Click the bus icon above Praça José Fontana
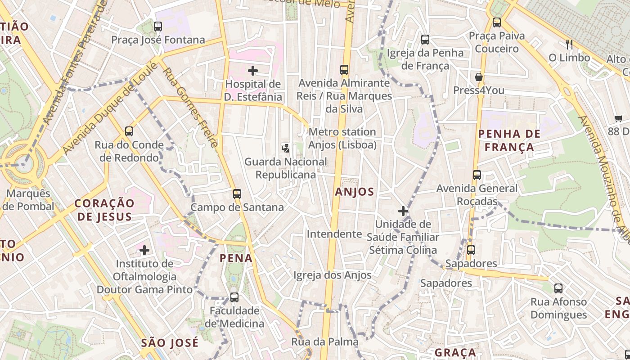[x=157, y=27]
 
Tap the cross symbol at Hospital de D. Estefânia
[x=253, y=70]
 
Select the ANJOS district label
[x=355, y=192]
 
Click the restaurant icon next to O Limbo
[x=569, y=44]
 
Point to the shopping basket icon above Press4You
[x=479, y=77]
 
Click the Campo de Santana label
[x=237, y=207]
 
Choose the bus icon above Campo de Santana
[x=237, y=194]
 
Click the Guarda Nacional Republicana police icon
[x=285, y=148]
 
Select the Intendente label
[x=334, y=234]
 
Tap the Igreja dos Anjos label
[x=333, y=275]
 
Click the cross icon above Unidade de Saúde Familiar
[x=403, y=211]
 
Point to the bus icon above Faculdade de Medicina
[x=234, y=297]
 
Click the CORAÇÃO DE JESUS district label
[x=104, y=210]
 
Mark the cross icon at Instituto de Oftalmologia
[x=144, y=250]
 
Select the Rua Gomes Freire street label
[x=191, y=108]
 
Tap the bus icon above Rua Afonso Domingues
[x=558, y=288]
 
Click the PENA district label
[x=236, y=258]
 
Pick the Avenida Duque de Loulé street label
[x=110, y=108]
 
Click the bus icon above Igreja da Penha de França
[x=425, y=40]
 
